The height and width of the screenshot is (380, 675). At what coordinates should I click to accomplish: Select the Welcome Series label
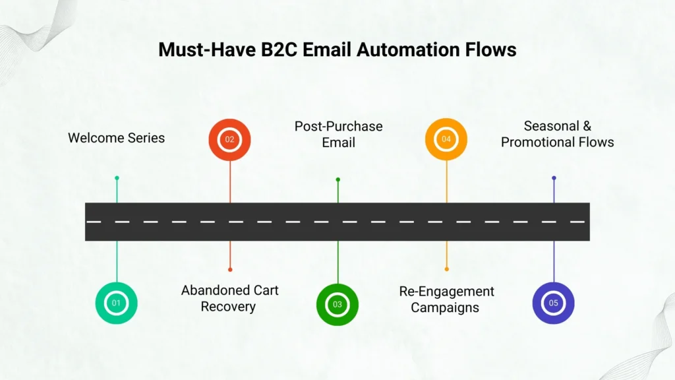[x=117, y=138]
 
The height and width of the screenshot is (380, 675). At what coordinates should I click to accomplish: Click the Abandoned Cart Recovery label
[x=229, y=298]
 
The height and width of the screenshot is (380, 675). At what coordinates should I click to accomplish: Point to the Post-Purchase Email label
[x=338, y=134]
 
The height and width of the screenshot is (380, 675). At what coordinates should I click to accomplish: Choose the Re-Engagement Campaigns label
[x=446, y=299]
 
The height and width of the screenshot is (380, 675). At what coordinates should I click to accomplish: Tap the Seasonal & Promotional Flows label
[x=557, y=134]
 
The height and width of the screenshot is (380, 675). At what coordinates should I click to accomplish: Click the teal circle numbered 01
[x=117, y=303]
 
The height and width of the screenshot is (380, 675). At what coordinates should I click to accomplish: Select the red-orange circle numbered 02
[x=229, y=139]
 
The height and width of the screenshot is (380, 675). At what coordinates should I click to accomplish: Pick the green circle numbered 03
[x=337, y=304]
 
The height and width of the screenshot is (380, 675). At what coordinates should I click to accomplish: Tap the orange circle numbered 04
[x=446, y=139]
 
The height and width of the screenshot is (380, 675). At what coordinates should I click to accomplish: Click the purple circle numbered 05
[x=553, y=303]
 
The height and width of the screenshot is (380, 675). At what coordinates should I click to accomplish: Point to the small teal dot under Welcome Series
[x=117, y=177]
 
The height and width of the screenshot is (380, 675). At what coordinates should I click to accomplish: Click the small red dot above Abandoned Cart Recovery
[x=230, y=269]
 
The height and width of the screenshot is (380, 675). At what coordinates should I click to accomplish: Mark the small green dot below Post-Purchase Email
[x=338, y=179]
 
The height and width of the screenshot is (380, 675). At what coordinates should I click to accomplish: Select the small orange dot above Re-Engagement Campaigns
[x=446, y=269]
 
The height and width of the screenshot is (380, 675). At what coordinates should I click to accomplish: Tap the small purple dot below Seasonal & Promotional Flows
[x=554, y=178]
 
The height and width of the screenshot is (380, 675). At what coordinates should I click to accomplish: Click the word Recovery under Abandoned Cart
[x=228, y=307]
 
